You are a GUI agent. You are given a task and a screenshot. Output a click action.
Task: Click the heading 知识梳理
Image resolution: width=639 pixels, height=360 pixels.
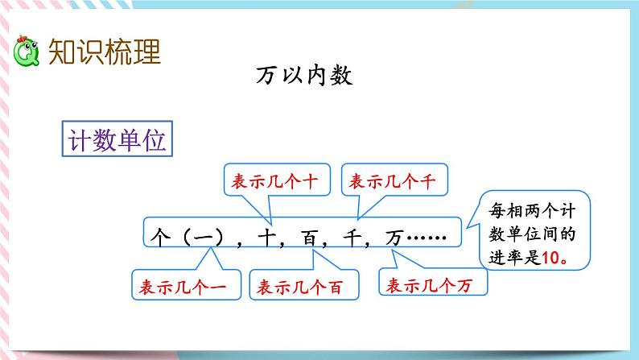pos(105,51)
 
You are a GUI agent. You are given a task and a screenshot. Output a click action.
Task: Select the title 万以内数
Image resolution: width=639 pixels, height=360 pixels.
pos(305,77)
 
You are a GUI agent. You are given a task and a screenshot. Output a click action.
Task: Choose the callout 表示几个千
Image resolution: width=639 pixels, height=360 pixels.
pos(394,182)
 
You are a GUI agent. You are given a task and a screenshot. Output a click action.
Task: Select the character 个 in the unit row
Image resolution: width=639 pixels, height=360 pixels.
pos(159,235)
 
